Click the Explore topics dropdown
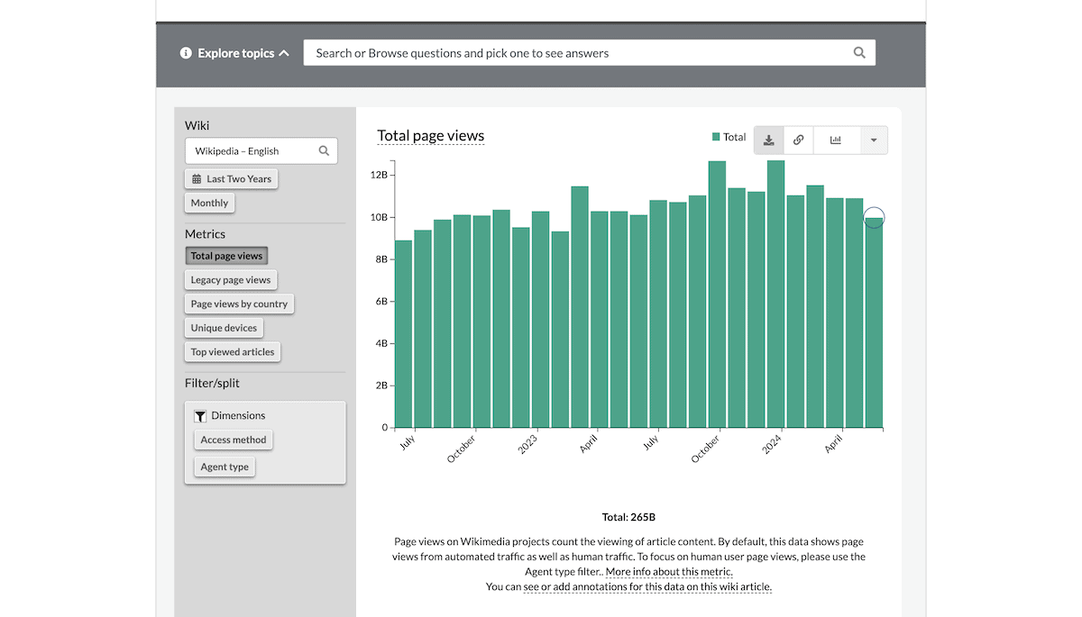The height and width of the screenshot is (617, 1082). [x=235, y=53]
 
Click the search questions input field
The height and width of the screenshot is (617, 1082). [x=577, y=53]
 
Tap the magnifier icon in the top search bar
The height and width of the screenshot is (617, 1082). [x=859, y=53]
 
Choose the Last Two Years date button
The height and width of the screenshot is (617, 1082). [x=232, y=179]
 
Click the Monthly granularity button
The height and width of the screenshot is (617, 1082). [x=209, y=204]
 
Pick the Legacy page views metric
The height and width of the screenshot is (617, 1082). [x=230, y=280]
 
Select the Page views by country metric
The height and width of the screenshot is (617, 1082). [x=239, y=304]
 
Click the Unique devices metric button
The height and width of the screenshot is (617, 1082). [x=224, y=328]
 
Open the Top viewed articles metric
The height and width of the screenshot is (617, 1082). [x=233, y=352]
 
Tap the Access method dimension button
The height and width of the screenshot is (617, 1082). [x=234, y=440]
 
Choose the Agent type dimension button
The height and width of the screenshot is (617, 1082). [x=225, y=467]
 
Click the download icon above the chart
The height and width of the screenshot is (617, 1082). [x=768, y=141]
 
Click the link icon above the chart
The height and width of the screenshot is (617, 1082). [x=798, y=141]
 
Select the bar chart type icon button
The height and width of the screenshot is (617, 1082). [x=836, y=141]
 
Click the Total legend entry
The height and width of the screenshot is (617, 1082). [x=729, y=137]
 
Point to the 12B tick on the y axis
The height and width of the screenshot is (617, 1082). [x=379, y=175]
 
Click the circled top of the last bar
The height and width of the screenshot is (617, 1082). [x=874, y=218]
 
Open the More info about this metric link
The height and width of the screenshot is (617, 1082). [x=669, y=572]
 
